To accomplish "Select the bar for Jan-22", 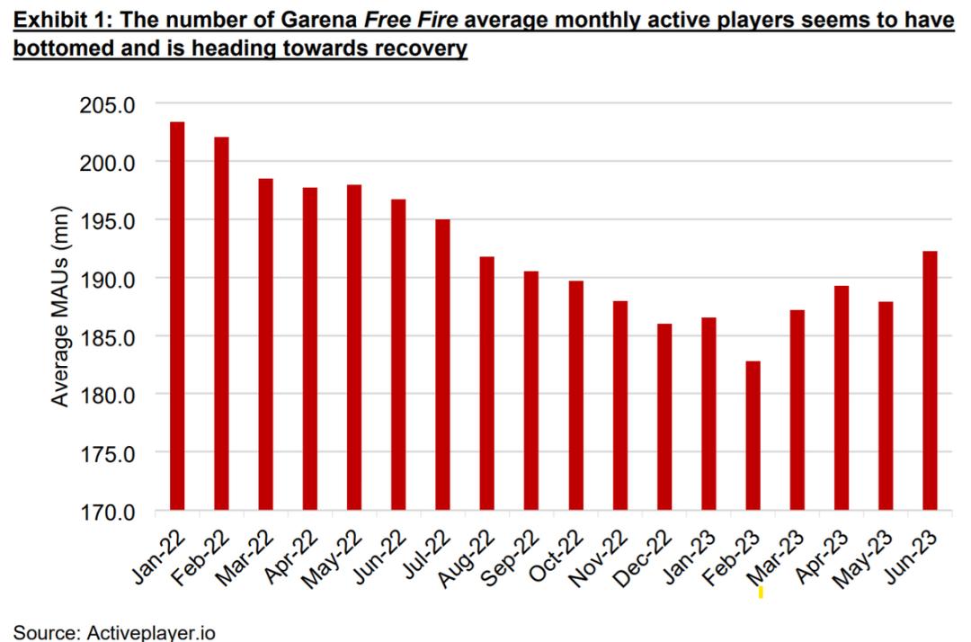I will [x=177, y=317].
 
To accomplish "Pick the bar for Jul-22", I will [x=441, y=365].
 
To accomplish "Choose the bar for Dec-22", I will [x=664, y=417].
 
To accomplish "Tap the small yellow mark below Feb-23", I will [x=761, y=592].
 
